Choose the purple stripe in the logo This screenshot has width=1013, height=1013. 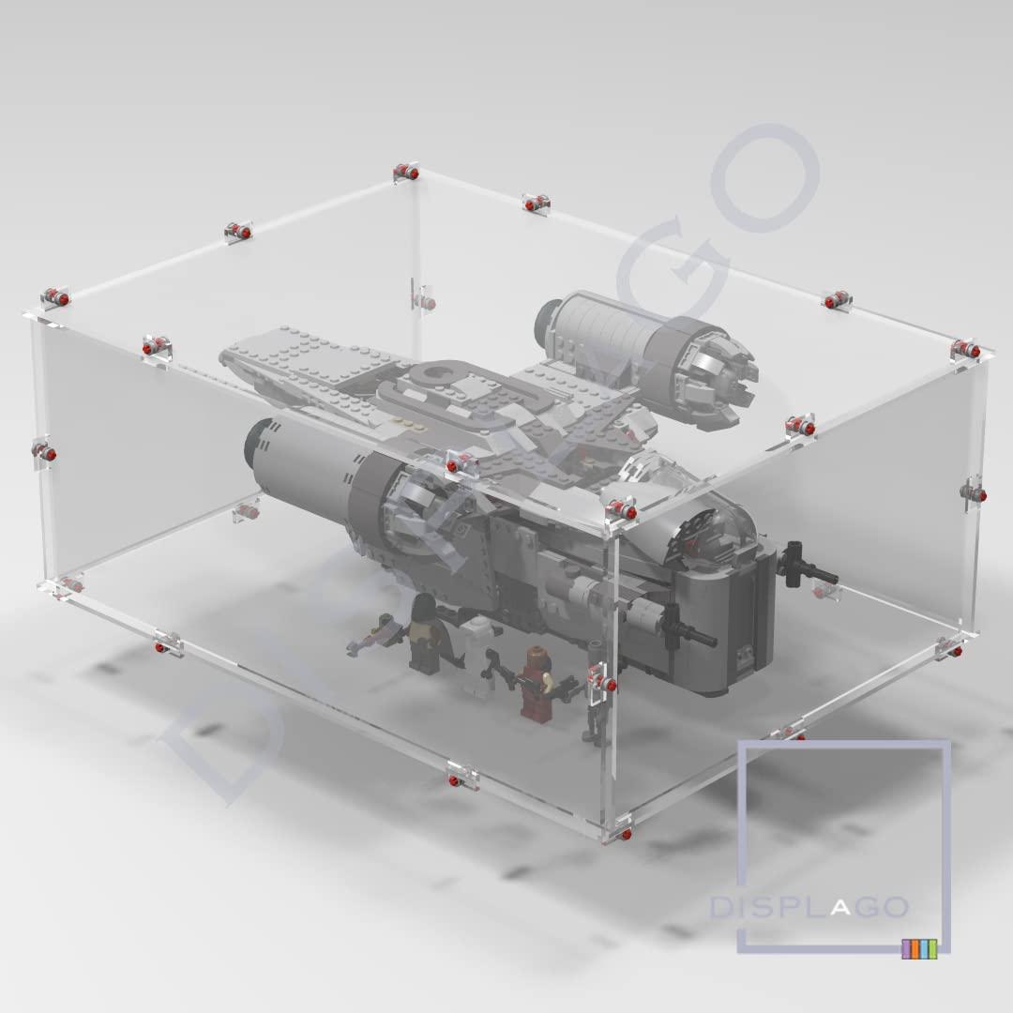[906, 949]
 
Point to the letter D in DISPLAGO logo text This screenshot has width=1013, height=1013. [719, 908]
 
